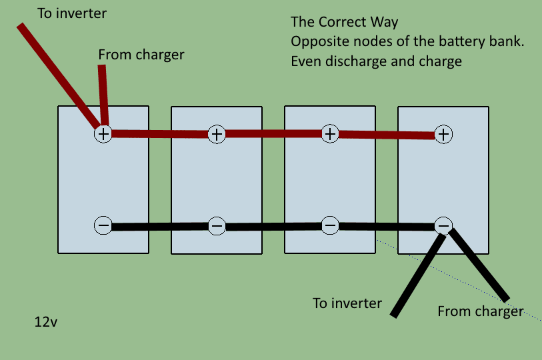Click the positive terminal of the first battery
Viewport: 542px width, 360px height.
[x=103, y=134]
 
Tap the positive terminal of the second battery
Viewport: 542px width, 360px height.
[x=217, y=134]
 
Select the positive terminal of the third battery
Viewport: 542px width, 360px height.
[x=330, y=133]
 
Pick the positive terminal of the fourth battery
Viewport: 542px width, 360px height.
[x=443, y=135]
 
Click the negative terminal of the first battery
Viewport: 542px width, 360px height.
[x=103, y=225]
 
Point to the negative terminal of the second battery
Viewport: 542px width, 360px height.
[x=217, y=226]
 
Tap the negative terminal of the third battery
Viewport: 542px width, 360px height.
[x=330, y=225]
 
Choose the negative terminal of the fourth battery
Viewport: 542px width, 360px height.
[x=443, y=225]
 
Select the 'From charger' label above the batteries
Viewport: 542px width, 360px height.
[x=141, y=55]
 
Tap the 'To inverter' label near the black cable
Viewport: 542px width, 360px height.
[x=347, y=303]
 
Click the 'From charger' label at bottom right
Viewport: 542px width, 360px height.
[x=480, y=311]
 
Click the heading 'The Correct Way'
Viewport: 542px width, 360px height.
[x=344, y=23]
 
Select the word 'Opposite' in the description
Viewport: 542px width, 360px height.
[x=317, y=42]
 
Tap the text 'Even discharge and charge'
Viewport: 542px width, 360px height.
[x=376, y=61]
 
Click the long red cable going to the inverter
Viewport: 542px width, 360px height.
[x=57, y=73]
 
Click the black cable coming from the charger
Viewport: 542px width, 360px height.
[x=480, y=265]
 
